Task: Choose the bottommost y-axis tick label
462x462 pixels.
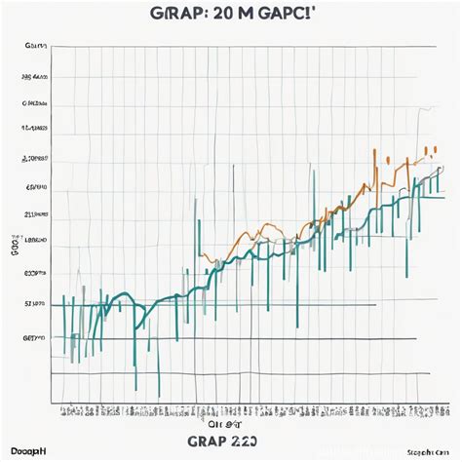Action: click(x=35, y=336)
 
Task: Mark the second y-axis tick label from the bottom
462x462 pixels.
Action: click(x=35, y=304)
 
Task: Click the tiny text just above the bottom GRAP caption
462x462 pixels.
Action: click(x=222, y=424)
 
